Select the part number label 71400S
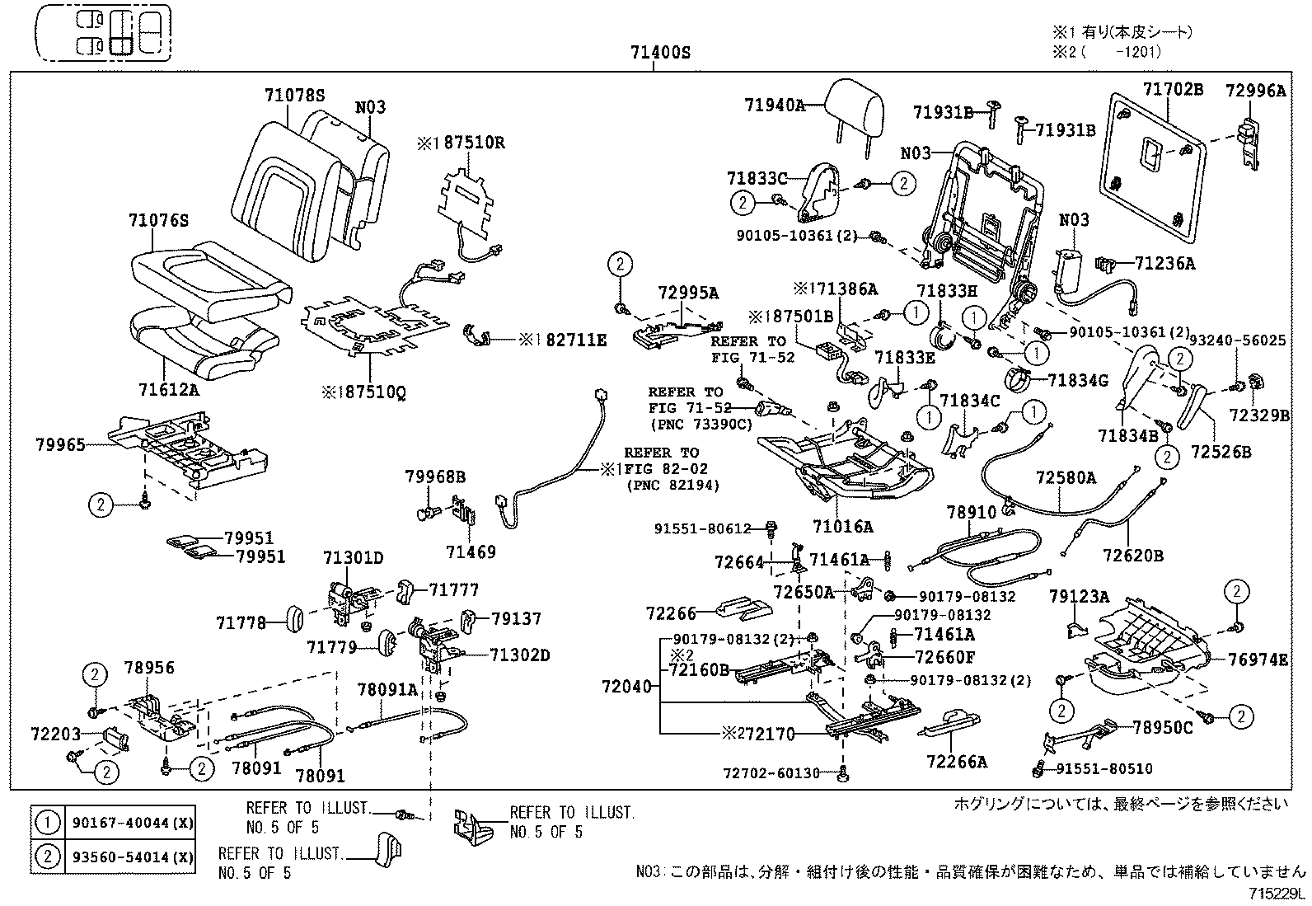coord(659,53)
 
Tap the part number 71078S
coord(294,95)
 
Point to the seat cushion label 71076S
coord(159,220)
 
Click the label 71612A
coord(169,390)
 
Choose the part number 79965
coord(60,444)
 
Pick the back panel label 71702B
coord(1174,89)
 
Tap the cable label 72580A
coord(1066,477)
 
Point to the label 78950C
coord(1162,727)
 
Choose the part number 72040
coord(626,686)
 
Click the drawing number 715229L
coord(1277,894)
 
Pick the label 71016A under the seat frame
coord(842,525)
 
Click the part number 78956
coord(149,667)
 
